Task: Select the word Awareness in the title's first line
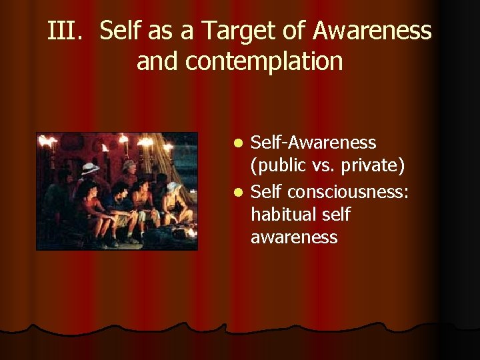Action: (x=372, y=31)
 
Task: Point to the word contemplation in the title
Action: (x=264, y=61)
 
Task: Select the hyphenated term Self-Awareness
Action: (x=313, y=143)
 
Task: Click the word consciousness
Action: (x=349, y=192)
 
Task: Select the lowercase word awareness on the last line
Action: (x=294, y=237)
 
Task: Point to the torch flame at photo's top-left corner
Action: (x=47, y=141)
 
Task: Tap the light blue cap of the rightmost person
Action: (x=172, y=187)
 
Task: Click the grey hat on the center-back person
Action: (x=128, y=164)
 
